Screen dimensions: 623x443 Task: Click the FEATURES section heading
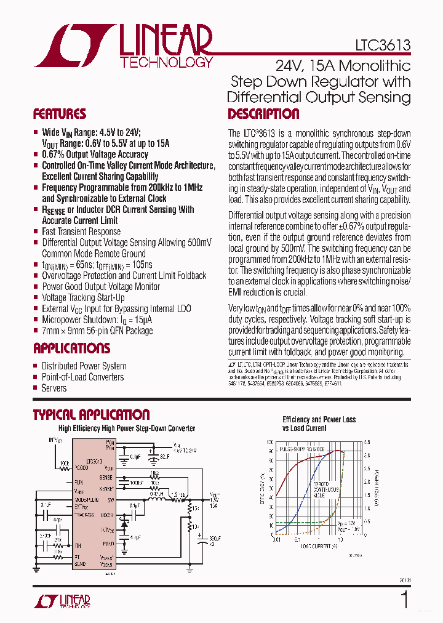tap(59, 114)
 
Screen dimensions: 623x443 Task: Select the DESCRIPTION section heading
tap(263, 114)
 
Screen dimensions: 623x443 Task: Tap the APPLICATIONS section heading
tap(71, 348)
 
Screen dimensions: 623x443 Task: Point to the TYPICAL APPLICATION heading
tap(91, 415)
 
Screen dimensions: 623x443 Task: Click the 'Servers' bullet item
tap(54, 388)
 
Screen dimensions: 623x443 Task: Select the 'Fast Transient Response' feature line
tap(81, 231)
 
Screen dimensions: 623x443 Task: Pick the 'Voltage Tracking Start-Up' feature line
tap(83, 298)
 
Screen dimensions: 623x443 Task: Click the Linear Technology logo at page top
tap(123, 46)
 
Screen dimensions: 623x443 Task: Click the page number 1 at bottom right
tap(405, 600)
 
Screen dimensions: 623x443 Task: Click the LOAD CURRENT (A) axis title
tap(319, 546)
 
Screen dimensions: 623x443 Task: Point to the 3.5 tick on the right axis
tap(367, 443)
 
